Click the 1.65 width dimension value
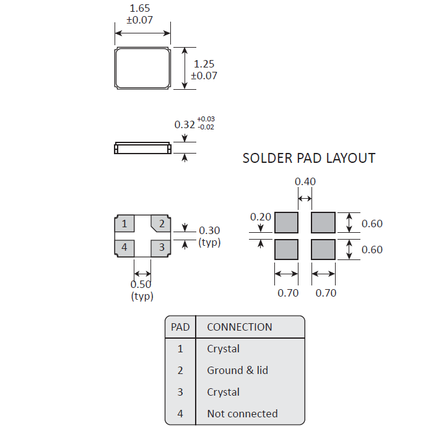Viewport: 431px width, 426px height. (x=140, y=9)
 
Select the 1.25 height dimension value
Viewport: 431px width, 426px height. (x=204, y=64)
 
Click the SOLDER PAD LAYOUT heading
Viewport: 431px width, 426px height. (x=308, y=158)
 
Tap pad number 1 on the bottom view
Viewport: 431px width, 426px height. (x=124, y=224)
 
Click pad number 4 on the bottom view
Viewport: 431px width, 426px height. (x=124, y=248)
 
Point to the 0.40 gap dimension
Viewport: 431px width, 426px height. (x=305, y=181)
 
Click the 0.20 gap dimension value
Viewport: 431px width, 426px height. (x=261, y=217)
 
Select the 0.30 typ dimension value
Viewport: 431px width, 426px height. (x=209, y=231)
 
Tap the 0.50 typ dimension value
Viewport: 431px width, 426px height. (x=141, y=284)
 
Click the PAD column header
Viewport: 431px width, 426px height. (x=180, y=327)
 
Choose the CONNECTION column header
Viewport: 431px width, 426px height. (x=239, y=327)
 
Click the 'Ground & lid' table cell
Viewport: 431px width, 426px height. (x=237, y=370)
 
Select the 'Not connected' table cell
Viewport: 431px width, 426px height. (x=242, y=414)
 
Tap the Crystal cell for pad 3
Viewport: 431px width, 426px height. (x=223, y=392)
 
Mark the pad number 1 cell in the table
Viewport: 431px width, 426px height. (x=180, y=349)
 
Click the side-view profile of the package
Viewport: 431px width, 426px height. (x=142, y=148)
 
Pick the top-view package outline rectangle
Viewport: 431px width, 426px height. (x=142, y=68)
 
